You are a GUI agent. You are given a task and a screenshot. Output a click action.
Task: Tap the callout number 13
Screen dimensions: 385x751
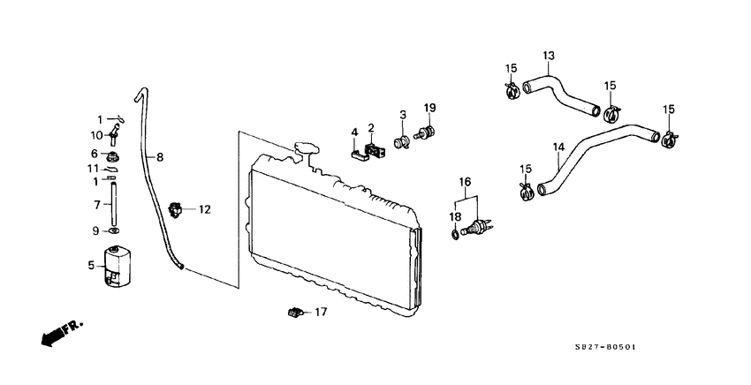tap(548, 57)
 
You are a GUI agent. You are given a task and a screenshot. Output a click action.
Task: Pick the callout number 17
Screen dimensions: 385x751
tap(321, 312)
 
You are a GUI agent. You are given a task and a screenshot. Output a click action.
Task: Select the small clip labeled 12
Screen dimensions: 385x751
tap(178, 210)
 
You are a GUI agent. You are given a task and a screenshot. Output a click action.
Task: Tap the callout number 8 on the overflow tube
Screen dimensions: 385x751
tap(160, 157)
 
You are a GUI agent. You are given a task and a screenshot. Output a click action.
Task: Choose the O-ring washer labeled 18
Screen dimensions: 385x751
tap(453, 234)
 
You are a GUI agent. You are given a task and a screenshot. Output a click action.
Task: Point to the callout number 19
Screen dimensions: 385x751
tap(430, 108)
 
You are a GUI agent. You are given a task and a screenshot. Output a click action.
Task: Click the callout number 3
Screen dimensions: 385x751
tap(402, 115)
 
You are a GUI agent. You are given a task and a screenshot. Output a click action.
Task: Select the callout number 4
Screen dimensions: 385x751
tap(354, 132)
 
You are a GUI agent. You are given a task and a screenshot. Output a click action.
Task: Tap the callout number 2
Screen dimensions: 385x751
tap(372, 128)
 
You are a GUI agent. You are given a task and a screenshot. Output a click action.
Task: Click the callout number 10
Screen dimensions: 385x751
tap(97, 135)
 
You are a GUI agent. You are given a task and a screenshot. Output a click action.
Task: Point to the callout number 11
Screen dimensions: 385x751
tap(93, 169)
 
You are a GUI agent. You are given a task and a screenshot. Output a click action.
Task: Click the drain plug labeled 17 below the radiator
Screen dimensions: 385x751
tap(293, 311)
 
